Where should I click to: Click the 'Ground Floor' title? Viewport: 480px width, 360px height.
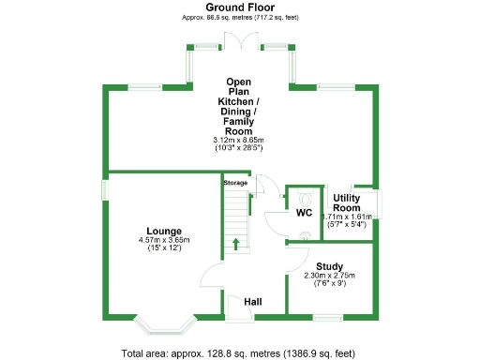[239, 7]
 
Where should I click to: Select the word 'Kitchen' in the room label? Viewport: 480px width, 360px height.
[239, 101]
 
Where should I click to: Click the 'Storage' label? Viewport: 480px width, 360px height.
[235, 183]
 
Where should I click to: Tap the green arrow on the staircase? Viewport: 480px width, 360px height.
[235, 245]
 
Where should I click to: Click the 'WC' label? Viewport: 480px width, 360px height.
[304, 213]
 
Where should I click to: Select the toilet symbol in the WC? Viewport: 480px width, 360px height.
[305, 198]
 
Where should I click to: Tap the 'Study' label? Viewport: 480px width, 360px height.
[329, 265]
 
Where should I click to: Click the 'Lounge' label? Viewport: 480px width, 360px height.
[164, 231]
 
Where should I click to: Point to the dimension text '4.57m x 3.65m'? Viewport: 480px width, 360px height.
[164, 241]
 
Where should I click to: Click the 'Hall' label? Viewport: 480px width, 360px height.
[252, 302]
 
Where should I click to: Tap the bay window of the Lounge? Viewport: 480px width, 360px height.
[165, 324]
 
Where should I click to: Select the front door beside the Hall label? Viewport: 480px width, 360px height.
[230, 306]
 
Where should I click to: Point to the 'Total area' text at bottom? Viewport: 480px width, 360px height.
[239, 352]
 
